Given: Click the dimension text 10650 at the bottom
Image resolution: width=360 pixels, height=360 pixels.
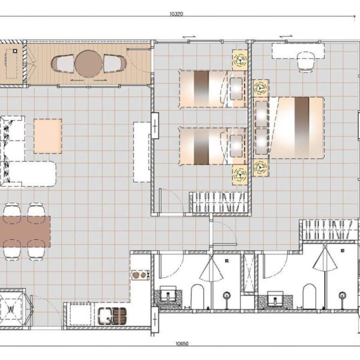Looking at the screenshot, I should [x=182, y=344].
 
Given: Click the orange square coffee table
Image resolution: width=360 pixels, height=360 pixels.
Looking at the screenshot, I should [x=48, y=136].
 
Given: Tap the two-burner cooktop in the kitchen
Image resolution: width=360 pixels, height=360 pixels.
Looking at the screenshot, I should [x=140, y=275].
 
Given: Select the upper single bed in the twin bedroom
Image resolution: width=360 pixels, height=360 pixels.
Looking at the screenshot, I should [x=207, y=89].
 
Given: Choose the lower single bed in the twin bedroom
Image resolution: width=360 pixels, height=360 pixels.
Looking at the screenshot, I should [x=207, y=145].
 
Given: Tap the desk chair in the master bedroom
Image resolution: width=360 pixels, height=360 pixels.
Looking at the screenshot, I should [x=307, y=61].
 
